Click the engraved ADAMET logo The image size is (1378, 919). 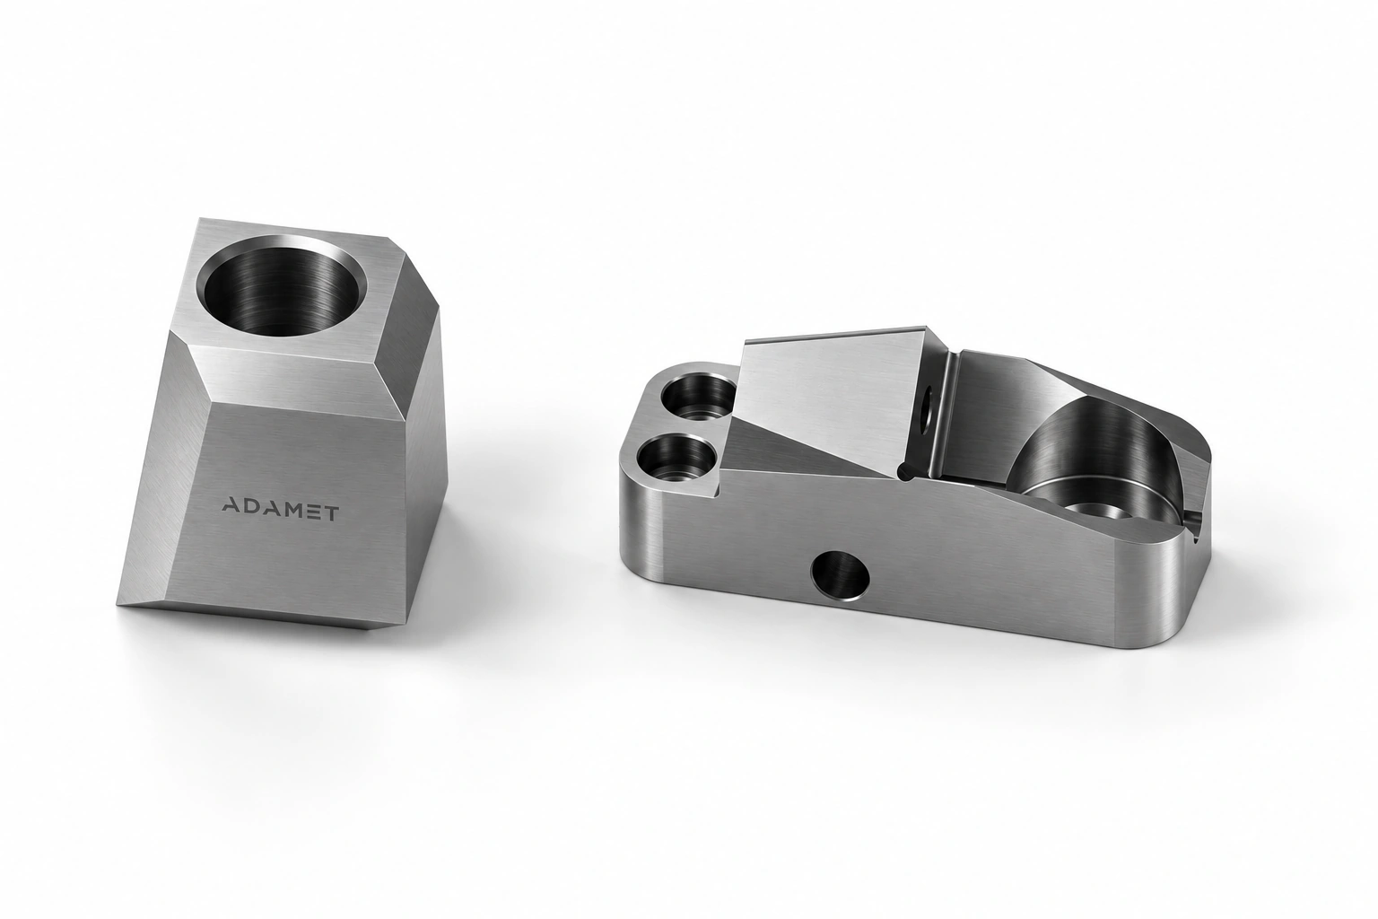click(x=279, y=512)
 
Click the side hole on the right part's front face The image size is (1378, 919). click(x=841, y=575)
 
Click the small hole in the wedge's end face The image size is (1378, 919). click(x=927, y=407)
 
